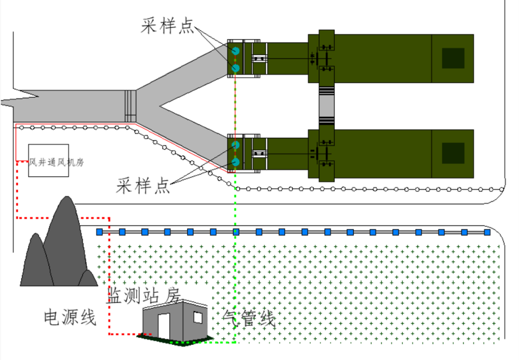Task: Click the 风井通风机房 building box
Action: click(x=48, y=160)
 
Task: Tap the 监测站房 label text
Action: click(x=143, y=295)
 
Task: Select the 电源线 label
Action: click(x=70, y=317)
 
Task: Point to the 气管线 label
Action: click(x=248, y=318)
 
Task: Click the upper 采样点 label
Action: click(x=167, y=25)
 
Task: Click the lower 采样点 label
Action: click(x=143, y=185)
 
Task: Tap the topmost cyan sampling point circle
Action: click(x=236, y=51)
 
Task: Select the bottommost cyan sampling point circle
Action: click(x=236, y=162)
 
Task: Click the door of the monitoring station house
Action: click(x=163, y=326)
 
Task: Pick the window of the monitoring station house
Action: click(x=198, y=317)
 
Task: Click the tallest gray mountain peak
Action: click(x=66, y=241)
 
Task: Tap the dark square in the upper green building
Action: click(x=453, y=58)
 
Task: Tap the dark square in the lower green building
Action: click(x=453, y=153)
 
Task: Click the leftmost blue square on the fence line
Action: click(x=99, y=232)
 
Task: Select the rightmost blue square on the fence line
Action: click(x=488, y=232)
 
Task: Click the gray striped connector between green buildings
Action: click(x=327, y=106)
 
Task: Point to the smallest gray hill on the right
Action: click(x=87, y=278)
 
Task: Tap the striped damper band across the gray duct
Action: click(x=131, y=106)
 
